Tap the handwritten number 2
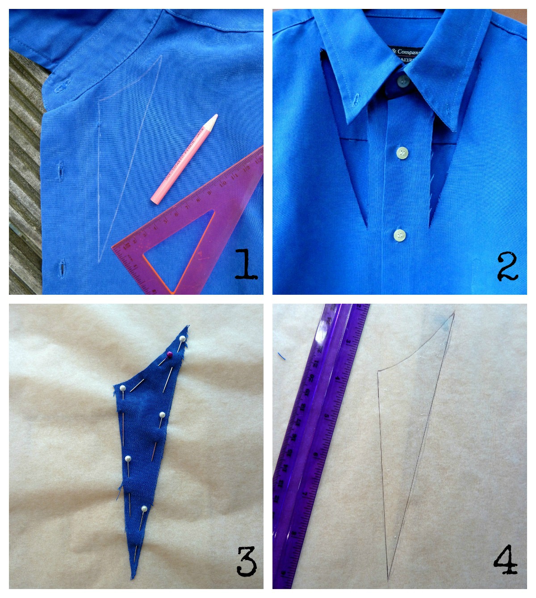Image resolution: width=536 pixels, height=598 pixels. pyautogui.click(x=507, y=267)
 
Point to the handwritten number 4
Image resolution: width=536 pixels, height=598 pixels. pyautogui.click(x=506, y=561)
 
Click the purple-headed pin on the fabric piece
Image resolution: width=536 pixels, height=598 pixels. pyautogui.click(x=169, y=355)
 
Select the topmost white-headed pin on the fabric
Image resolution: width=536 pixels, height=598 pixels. pyautogui.click(x=182, y=339)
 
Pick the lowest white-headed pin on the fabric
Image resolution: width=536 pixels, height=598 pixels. pyautogui.click(x=144, y=509)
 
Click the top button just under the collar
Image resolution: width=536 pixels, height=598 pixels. pyautogui.click(x=403, y=80)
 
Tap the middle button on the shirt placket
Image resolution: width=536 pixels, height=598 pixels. pyautogui.click(x=402, y=153)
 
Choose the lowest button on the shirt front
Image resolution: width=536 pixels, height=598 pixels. pyautogui.click(x=400, y=234)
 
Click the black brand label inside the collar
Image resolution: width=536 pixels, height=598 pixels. pyautogui.click(x=406, y=55)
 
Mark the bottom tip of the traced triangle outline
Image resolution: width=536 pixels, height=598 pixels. pyautogui.click(x=388, y=580)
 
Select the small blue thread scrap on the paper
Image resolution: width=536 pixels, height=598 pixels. pyautogui.click(x=281, y=356)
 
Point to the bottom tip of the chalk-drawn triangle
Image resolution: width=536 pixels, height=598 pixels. pyautogui.click(x=99, y=260)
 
